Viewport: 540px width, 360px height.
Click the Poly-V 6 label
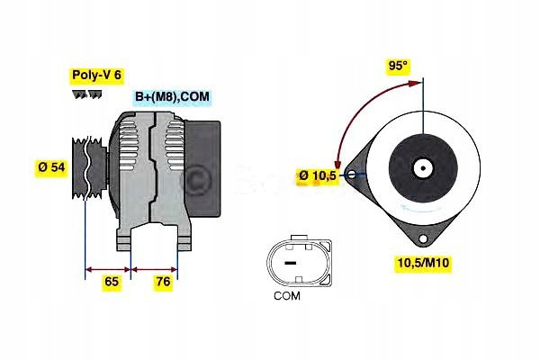95,76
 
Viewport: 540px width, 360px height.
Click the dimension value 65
112,282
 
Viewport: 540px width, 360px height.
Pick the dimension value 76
163,282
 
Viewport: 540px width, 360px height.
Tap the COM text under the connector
288,294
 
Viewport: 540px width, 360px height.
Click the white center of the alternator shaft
421,167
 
